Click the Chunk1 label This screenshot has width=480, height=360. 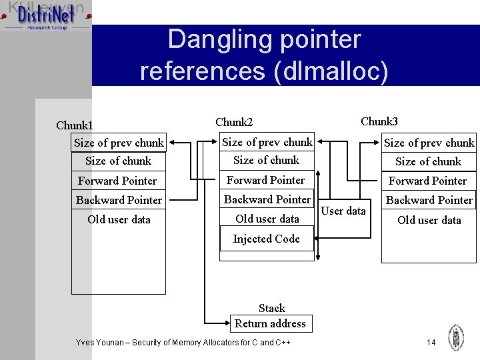[x=75, y=126]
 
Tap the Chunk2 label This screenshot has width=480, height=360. [x=234, y=122]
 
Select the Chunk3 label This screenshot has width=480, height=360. [x=379, y=121]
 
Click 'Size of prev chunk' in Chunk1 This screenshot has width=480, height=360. [x=119, y=143]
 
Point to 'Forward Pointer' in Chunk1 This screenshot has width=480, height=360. [x=117, y=181]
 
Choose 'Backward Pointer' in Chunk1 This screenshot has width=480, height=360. [x=119, y=200]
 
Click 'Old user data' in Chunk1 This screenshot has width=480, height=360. [x=119, y=219]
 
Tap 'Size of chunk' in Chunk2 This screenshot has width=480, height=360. [x=267, y=160]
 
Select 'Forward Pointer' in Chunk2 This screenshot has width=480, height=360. [x=265, y=180]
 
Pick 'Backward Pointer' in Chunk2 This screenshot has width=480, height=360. [x=267, y=199]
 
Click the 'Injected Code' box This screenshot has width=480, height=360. [x=267, y=239]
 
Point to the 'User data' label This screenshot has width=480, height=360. [x=343, y=211]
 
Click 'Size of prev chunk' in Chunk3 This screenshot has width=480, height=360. [x=429, y=143]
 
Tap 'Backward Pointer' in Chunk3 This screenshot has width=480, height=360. [x=429, y=200]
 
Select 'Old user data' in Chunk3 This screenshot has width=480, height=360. [x=429, y=220]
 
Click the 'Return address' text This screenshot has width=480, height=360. [x=270, y=324]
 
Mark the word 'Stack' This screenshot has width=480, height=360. [x=271, y=308]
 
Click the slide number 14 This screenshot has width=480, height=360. [x=431, y=342]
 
